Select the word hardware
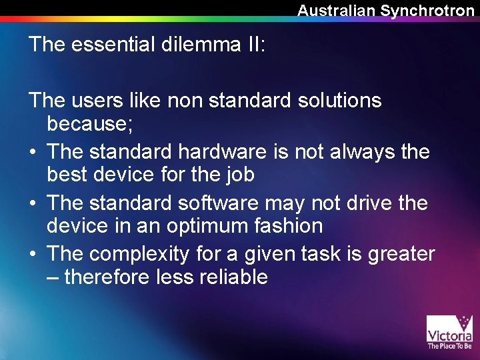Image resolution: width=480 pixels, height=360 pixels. point(228,151)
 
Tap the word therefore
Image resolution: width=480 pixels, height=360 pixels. point(107,277)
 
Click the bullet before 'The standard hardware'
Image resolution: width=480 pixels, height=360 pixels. point(32,152)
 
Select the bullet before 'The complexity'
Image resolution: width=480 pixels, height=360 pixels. point(32,254)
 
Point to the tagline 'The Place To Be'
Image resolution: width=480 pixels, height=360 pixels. point(449,346)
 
